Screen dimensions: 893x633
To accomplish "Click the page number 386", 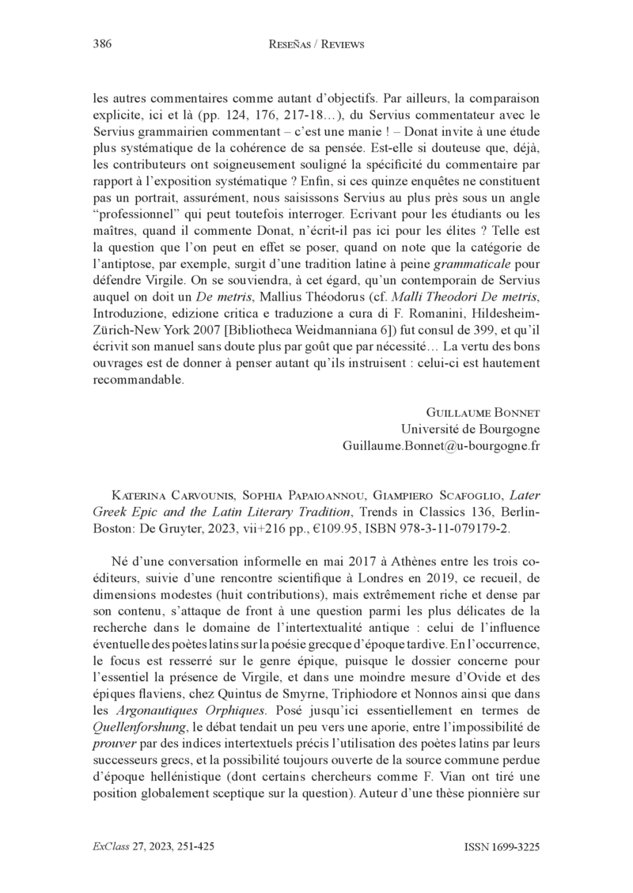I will (101, 44).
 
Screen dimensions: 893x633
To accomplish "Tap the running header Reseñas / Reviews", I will (316, 45).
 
